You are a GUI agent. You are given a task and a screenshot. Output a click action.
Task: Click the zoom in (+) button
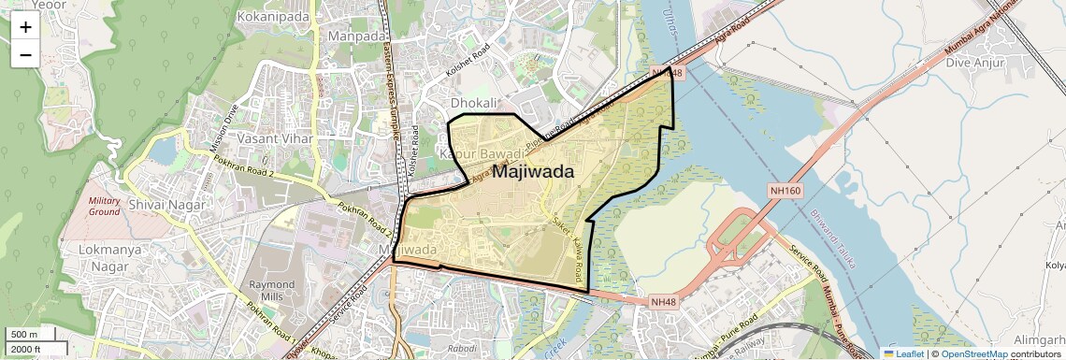pos(25,26)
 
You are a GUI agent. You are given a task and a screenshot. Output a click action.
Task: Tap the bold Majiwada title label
pos(532,172)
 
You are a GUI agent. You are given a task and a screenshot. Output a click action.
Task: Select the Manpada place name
pos(356,36)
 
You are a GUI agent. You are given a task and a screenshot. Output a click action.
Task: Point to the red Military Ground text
pos(104,206)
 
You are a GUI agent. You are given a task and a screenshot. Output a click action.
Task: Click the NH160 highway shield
pos(785,190)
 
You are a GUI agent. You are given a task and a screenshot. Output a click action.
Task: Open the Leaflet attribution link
pos(904,353)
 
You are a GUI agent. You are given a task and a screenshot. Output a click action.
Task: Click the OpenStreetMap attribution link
pos(973,353)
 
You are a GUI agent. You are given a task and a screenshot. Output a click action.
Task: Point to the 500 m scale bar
pos(25,335)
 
